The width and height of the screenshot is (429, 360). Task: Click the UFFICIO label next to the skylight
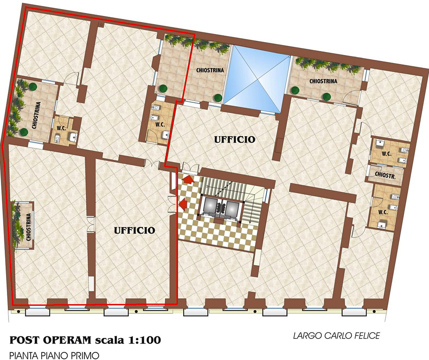click(x=235, y=139)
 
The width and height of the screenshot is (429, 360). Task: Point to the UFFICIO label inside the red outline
click(x=134, y=230)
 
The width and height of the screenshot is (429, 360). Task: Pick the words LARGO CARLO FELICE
click(x=336, y=336)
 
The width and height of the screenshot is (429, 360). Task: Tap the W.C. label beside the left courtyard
click(x=61, y=127)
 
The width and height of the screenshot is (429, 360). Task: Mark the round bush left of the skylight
click(x=218, y=97)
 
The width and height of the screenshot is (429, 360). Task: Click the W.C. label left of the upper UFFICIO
click(x=160, y=124)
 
